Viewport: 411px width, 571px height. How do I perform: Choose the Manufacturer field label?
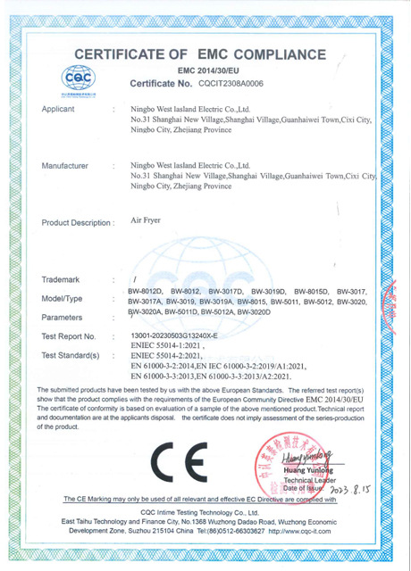[66, 165]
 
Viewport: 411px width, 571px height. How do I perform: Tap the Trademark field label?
[62, 279]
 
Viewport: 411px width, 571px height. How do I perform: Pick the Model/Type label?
[63, 297]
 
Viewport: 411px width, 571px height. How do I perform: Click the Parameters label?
[63, 317]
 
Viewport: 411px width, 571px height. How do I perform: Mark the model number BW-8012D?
[146, 292]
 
